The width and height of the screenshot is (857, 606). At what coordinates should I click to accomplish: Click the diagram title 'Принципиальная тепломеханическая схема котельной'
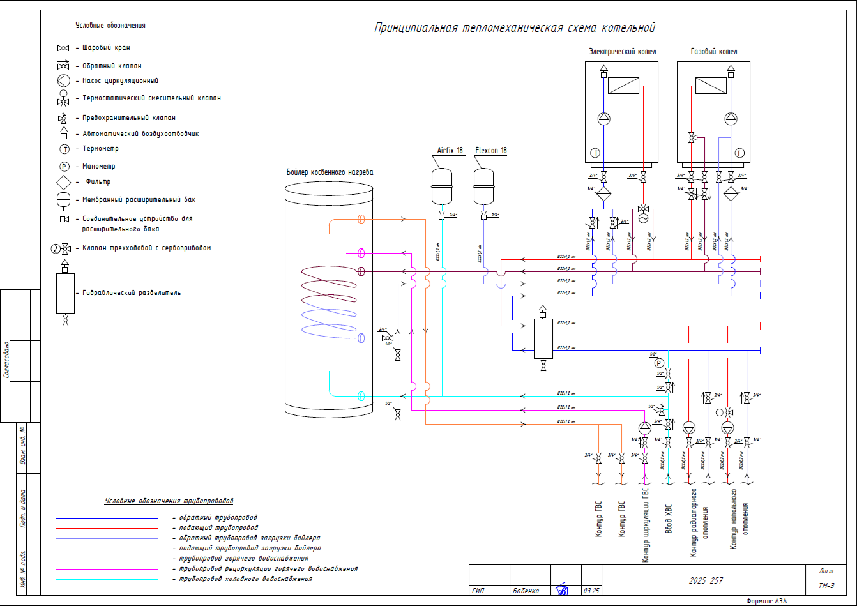(x=515, y=28)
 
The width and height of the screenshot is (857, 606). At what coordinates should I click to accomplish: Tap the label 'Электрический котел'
(x=622, y=52)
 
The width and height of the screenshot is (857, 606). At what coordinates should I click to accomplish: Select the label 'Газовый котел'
(x=714, y=52)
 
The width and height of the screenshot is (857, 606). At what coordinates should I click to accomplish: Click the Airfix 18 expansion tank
(x=442, y=186)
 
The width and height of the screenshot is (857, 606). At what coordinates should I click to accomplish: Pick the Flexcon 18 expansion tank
(x=483, y=186)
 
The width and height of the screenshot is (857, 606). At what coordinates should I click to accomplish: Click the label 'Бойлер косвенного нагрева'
(x=330, y=172)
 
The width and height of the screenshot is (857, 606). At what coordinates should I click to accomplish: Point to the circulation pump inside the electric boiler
(x=603, y=118)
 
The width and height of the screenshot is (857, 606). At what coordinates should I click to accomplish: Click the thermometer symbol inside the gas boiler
(x=739, y=153)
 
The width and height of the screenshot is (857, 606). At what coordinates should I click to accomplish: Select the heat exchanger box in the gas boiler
(x=711, y=86)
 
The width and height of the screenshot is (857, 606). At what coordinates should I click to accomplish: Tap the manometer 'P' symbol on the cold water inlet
(x=659, y=363)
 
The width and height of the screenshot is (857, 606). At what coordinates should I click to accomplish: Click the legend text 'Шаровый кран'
(x=106, y=48)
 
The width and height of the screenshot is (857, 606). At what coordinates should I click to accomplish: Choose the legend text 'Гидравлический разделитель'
(x=132, y=293)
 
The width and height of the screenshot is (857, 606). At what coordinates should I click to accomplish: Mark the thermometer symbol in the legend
(x=64, y=149)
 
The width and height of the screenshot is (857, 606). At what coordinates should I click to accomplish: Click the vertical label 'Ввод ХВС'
(x=669, y=519)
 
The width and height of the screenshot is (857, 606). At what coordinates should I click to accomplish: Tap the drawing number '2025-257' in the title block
(x=706, y=580)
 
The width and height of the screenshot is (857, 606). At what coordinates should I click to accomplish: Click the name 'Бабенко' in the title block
(x=526, y=591)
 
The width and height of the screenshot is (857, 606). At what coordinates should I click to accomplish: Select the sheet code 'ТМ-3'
(x=826, y=586)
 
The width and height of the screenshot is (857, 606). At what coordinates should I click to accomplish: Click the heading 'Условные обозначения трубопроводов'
(x=169, y=501)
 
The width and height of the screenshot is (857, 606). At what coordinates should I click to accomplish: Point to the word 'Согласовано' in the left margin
(x=6, y=360)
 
